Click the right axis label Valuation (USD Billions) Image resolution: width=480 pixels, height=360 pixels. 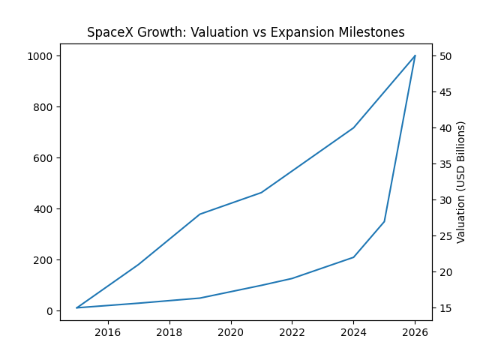click(x=461, y=181)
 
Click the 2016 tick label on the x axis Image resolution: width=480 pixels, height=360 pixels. click(x=108, y=332)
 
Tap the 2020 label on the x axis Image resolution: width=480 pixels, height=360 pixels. click(x=231, y=332)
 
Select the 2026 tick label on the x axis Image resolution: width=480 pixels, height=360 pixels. click(x=415, y=332)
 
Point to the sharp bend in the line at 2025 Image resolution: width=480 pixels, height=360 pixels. click(x=385, y=221)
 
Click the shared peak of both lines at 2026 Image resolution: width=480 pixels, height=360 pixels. click(x=415, y=55)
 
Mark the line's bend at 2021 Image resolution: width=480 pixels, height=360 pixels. click(x=261, y=193)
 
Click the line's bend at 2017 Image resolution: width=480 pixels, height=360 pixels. click(x=139, y=263)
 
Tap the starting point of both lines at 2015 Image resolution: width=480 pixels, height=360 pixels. click(x=77, y=307)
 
